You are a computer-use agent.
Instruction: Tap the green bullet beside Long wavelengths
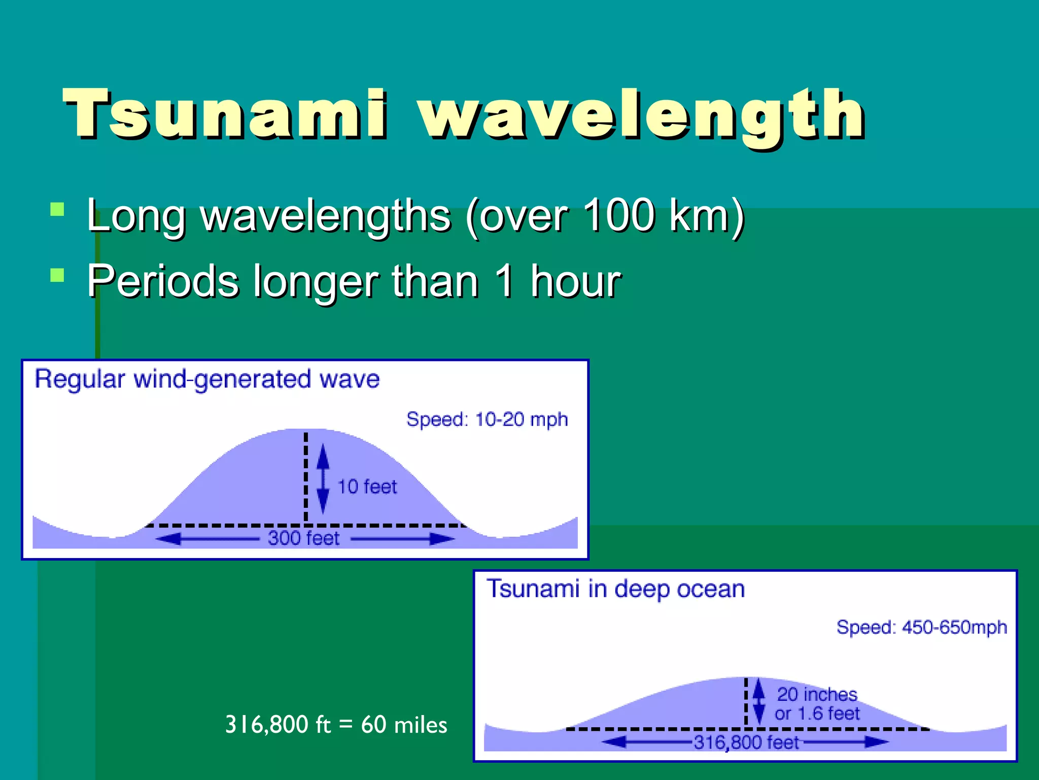[x=57, y=210]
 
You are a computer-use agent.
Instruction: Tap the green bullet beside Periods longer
[x=57, y=275]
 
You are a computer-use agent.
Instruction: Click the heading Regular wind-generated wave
[x=207, y=379]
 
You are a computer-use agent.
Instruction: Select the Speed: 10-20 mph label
[x=487, y=419]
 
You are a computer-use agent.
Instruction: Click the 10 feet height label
[x=367, y=486]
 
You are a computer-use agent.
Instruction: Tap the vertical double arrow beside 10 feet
[x=323, y=478]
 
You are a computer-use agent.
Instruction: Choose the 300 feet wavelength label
[x=303, y=538]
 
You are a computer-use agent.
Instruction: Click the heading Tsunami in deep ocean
[x=615, y=589]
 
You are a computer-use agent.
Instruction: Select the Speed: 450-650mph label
[x=921, y=627]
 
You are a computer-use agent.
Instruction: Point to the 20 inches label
[x=817, y=694]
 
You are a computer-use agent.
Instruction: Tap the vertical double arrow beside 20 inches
[x=758, y=701]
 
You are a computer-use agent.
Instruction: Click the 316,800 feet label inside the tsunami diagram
[x=746, y=742]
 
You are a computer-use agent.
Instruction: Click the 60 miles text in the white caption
[x=404, y=725]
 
